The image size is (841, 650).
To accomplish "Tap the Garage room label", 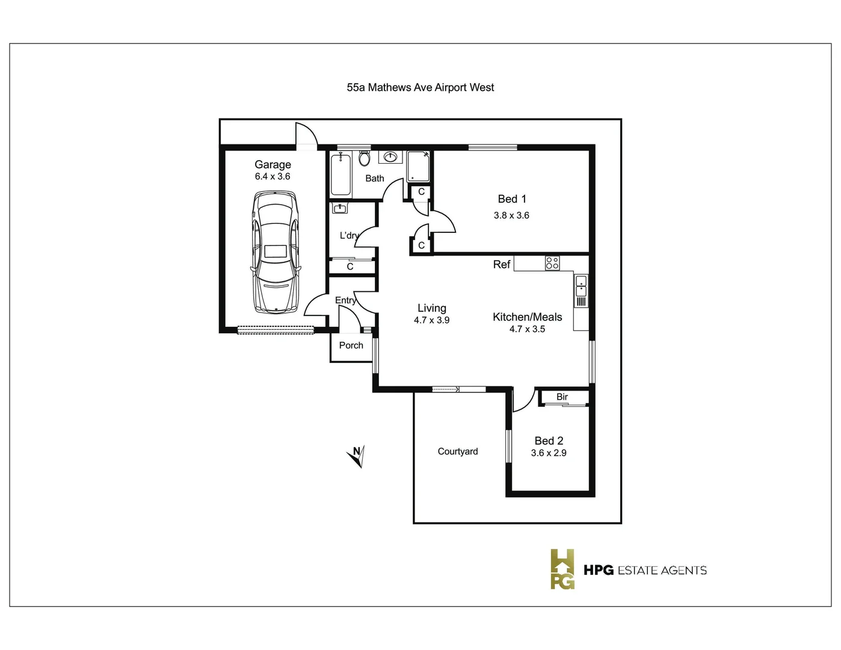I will pyautogui.click(x=273, y=164).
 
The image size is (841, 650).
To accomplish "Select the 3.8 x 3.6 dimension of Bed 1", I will pyautogui.click(x=511, y=215).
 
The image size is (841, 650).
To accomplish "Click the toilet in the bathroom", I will pyautogui.click(x=364, y=158).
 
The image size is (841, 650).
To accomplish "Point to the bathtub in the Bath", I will pyautogui.click(x=340, y=174).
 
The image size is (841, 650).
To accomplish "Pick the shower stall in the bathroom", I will pyautogui.click(x=418, y=166).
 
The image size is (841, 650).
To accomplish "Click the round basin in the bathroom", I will pyautogui.click(x=390, y=157).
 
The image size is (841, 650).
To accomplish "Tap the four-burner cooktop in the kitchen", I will pyautogui.click(x=552, y=263).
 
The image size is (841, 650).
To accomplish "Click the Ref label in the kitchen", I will pyautogui.click(x=502, y=264).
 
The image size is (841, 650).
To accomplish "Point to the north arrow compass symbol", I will pyautogui.click(x=357, y=456).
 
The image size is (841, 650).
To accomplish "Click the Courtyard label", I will pyautogui.click(x=458, y=451).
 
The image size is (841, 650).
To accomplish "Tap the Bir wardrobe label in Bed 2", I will pyautogui.click(x=562, y=397).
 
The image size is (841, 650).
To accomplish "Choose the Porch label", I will pyautogui.click(x=351, y=345).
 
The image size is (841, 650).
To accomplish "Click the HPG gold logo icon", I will pyautogui.click(x=562, y=569).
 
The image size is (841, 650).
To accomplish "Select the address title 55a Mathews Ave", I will pyautogui.click(x=420, y=87).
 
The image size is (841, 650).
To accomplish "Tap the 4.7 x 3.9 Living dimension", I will pyautogui.click(x=431, y=320).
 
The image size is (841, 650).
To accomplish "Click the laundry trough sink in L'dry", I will pyautogui.click(x=340, y=208).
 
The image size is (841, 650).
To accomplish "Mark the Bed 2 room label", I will pyautogui.click(x=549, y=441).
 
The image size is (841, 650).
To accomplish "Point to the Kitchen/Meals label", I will pyautogui.click(x=527, y=317).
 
